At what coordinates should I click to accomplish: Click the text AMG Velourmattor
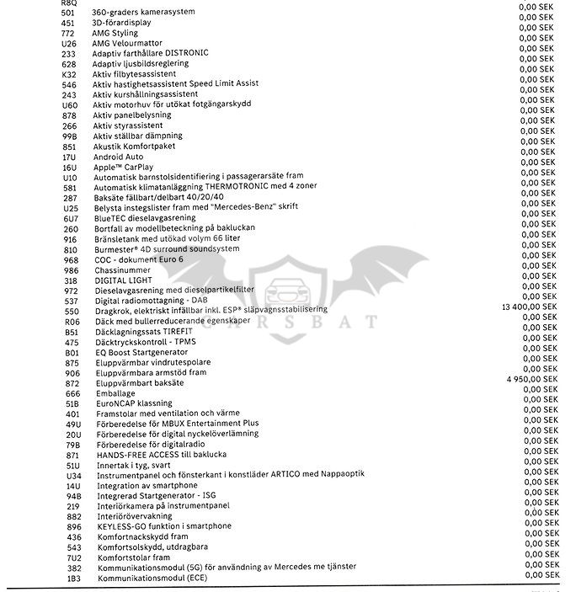[128, 43]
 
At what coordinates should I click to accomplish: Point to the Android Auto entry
[118, 157]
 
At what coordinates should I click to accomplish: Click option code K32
[69, 73]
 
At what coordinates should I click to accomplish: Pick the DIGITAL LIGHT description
[122, 280]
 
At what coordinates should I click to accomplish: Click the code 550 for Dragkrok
[71, 310]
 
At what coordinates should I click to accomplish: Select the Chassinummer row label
[124, 269]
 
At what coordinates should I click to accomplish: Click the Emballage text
[115, 392]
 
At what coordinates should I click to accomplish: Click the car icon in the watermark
[288, 294]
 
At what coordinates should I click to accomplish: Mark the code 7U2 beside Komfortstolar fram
[73, 557]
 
